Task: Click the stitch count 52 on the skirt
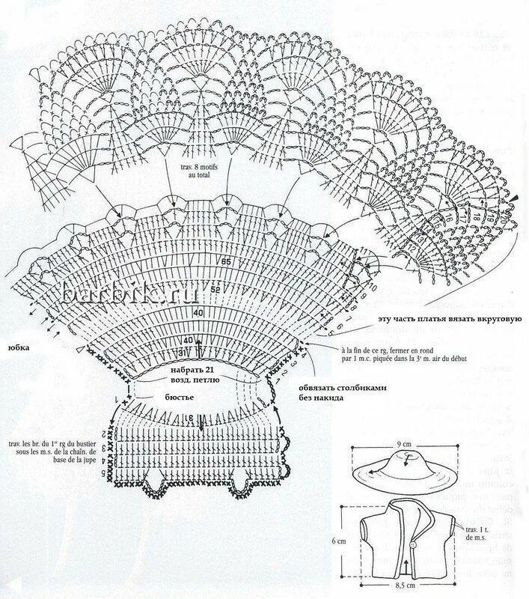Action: coord(216,289)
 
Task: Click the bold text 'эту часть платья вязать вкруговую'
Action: coord(445,319)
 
